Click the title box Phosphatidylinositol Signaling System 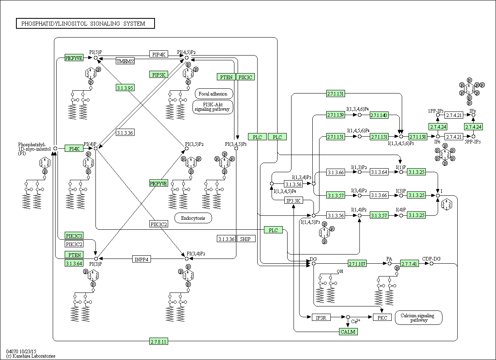(x=85, y=24)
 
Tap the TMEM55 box (x=125, y=61)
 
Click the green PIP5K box (x=159, y=74)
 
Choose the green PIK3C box (x=245, y=77)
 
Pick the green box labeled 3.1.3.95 (x=125, y=88)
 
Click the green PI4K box (x=74, y=149)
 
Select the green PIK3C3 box (x=74, y=236)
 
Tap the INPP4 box (x=142, y=259)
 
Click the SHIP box (x=246, y=239)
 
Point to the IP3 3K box (x=294, y=200)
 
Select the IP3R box (x=321, y=317)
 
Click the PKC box (x=382, y=317)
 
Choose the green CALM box (x=348, y=332)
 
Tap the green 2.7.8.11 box (x=159, y=342)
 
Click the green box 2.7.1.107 (x=357, y=264)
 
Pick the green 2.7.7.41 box (x=409, y=264)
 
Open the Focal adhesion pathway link (x=213, y=94)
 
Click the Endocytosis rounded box (x=193, y=218)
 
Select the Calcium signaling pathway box (x=419, y=318)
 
